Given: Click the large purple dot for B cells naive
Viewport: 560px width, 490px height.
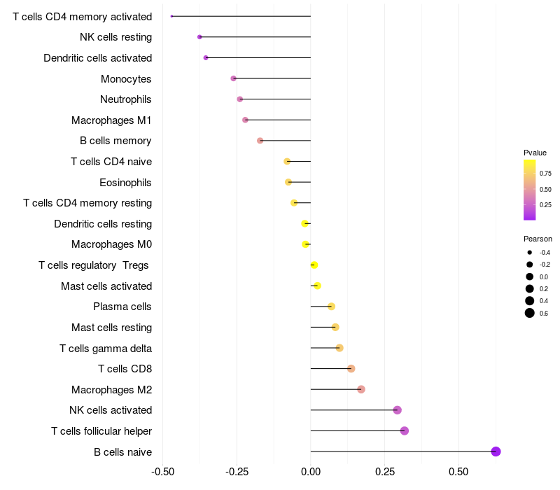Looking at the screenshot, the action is pyautogui.click(x=496, y=451).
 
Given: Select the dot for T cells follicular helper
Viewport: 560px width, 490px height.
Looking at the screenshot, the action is pyautogui.click(x=405, y=430).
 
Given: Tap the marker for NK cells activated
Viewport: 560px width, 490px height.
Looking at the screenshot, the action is pyautogui.click(x=397, y=410).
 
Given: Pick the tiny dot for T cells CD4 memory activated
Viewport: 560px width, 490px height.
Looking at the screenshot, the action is pyautogui.click(x=171, y=16).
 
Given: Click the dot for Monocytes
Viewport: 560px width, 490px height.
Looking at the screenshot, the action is pyautogui.click(x=233, y=78).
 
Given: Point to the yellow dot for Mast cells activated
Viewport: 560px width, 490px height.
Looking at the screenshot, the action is pyautogui.click(x=317, y=286).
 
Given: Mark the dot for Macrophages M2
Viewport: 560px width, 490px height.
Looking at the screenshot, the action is pyautogui.click(x=361, y=389).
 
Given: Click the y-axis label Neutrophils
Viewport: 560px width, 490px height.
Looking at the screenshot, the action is pyautogui.click(x=126, y=99).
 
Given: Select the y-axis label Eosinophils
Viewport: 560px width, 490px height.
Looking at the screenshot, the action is pyautogui.click(x=125, y=183).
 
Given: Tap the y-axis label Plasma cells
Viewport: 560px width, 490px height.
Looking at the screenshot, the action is pyautogui.click(x=122, y=307).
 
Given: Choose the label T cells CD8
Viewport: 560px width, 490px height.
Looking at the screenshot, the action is pyautogui.click(x=125, y=369).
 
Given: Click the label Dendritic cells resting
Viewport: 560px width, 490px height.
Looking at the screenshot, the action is pyautogui.click(x=103, y=224).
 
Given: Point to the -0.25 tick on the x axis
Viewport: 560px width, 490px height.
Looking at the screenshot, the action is pyautogui.click(x=237, y=472).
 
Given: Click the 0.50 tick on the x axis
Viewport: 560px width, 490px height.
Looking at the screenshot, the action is pyautogui.click(x=458, y=472).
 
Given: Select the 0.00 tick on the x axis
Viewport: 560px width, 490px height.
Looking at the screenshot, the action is pyautogui.click(x=311, y=472).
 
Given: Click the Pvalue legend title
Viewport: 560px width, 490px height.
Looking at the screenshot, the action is pyautogui.click(x=535, y=153).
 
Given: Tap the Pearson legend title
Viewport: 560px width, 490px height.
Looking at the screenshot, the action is pyautogui.click(x=538, y=239).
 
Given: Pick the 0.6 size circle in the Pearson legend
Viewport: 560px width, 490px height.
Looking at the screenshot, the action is pyautogui.click(x=530, y=313).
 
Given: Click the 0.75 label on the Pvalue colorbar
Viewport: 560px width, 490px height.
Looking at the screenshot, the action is pyautogui.click(x=545, y=173).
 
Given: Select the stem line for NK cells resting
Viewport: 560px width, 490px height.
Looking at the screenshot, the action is pyautogui.click(x=255, y=37).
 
